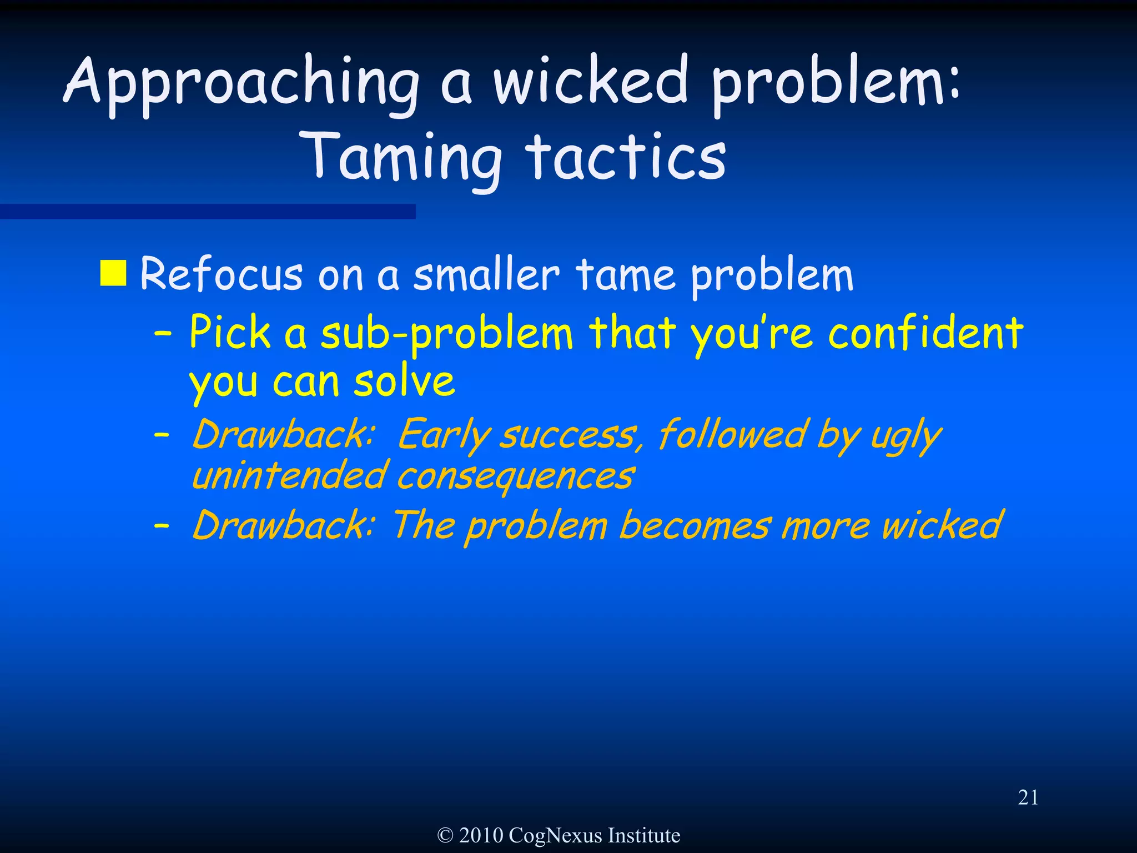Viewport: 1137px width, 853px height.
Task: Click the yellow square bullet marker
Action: click(113, 273)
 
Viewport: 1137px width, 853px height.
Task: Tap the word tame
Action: click(626, 275)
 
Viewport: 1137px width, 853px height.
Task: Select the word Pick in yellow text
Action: click(230, 333)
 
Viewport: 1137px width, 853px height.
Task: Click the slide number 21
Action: click(1028, 797)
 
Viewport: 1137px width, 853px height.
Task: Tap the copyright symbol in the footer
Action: click(445, 835)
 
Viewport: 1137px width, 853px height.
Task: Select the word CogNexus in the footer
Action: click(555, 835)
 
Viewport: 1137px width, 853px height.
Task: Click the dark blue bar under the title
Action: click(208, 212)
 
